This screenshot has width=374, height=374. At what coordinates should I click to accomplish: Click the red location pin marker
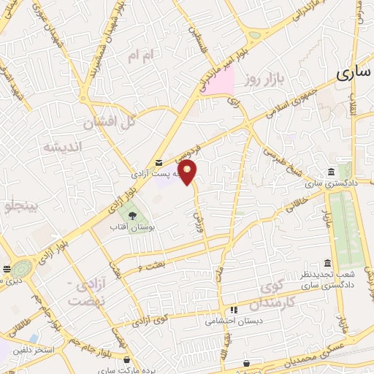click(x=188, y=172)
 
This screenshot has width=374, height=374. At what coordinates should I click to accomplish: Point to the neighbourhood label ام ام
click(x=142, y=56)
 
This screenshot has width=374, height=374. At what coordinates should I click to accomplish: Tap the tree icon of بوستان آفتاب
click(x=133, y=215)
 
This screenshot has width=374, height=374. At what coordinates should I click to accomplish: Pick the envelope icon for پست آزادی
click(x=159, y=162)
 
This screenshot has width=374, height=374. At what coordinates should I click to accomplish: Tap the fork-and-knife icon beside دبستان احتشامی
click(x=233, y=310)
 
